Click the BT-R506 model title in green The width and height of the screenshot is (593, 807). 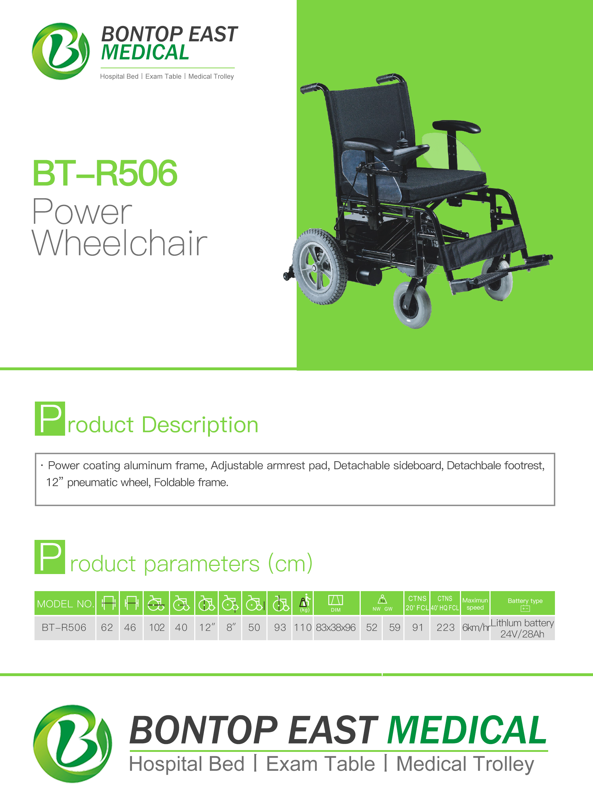point(105,173)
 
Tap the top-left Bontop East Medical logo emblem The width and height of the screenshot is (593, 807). point(61,51)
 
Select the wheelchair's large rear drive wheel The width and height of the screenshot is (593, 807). point(319,266)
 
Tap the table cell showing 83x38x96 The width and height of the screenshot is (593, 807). point(336,627)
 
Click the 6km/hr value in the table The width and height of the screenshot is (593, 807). point(476,627)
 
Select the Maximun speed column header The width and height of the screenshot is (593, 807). point(475,604)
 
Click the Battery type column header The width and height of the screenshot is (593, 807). point(525,604)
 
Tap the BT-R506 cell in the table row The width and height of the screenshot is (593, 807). point(64,627)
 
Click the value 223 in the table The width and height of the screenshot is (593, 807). point(445,627)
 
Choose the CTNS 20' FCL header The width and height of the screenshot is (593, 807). point(417,603)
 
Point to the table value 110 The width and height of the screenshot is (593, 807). point(303,627)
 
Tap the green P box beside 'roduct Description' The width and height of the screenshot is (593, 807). point(50,418)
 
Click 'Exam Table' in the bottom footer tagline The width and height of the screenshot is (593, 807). point(321,764)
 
